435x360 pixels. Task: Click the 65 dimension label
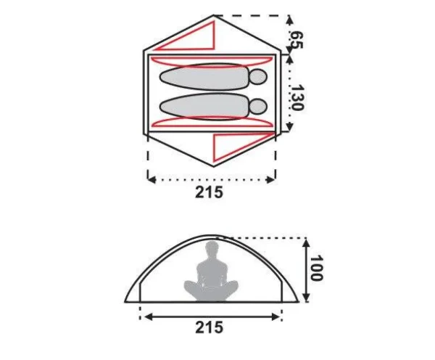tap(296, 40)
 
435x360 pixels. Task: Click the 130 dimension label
tap(297, 97)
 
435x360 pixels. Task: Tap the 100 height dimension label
tap(316, 269)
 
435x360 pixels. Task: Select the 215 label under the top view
tap(209, 192)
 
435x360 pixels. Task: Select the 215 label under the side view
tap(210, 327)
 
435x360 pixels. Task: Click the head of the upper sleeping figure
tap(258, 77)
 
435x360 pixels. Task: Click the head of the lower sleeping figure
tap(258, 107)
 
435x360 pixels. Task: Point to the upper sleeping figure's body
tap(204, 77)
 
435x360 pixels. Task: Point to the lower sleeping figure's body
tap(204, 107)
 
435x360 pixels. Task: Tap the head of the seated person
tap(212, 249)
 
